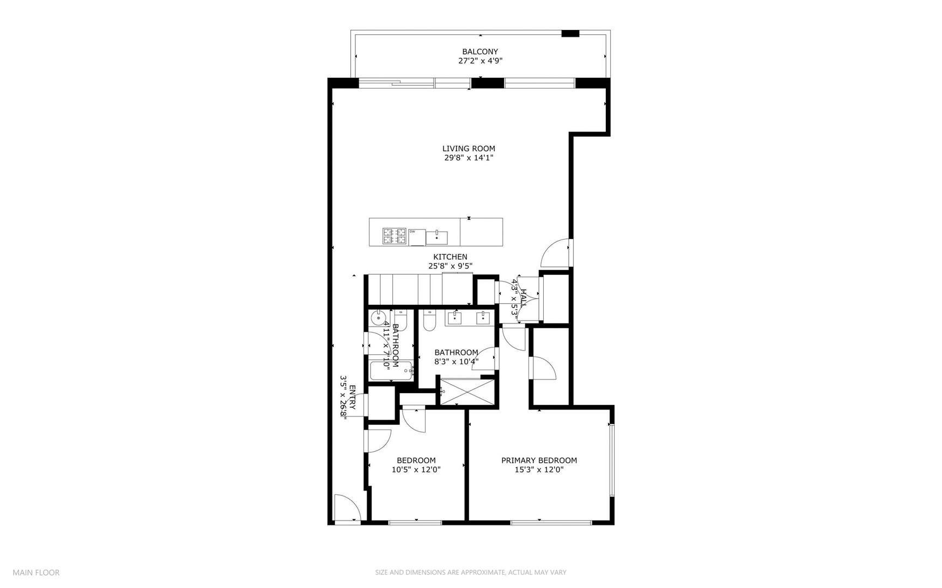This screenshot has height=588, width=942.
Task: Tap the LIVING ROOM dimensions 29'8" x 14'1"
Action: click(469, 158)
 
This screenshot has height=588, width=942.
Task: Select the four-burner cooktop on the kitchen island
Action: click(394, 235)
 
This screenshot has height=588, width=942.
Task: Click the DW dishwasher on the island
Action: click(417, 237)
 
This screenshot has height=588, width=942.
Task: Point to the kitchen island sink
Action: click(437, 237)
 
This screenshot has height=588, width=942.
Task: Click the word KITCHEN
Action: click(450, 257)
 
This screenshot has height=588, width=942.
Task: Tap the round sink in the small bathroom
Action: click(377, 318)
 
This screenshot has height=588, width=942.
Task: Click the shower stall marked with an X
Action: click(468, 392)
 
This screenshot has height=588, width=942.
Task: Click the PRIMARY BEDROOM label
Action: click(539, 461)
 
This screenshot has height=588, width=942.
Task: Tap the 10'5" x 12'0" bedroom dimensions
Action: click(416, 470)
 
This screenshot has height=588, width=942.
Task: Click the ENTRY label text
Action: click(352, 397)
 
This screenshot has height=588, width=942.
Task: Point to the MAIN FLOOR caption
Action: click(36, 572)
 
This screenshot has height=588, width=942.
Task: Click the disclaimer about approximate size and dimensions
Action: click(470, 572)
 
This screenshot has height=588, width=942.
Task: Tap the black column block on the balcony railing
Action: click(570, 34)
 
